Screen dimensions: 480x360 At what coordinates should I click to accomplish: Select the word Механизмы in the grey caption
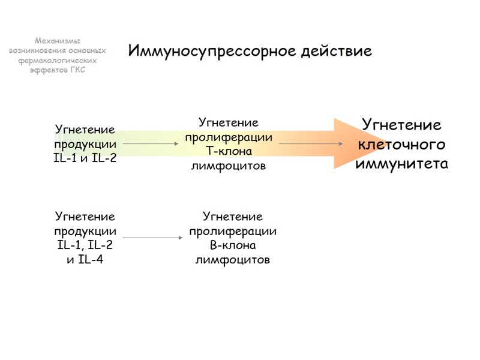(58, 41)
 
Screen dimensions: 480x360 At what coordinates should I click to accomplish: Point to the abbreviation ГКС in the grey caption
(77, 70)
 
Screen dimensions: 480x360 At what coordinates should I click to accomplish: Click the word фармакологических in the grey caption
(58, 60)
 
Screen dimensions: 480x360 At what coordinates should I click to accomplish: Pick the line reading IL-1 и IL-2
(85, 158)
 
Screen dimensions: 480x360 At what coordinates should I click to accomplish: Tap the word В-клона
(233, 245)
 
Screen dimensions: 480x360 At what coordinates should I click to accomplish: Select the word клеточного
(401, 145)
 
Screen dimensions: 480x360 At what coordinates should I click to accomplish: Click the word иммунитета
(401, 164)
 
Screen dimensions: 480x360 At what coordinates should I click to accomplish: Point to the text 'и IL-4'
(85, 260)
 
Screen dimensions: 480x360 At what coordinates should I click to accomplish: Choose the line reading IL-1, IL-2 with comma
(85, 245)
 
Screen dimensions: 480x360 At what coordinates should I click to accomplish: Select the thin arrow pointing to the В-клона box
(153, 238)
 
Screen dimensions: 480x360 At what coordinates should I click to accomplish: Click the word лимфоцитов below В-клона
(233, 260)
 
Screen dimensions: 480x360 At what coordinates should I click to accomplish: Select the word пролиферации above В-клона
(233, 231)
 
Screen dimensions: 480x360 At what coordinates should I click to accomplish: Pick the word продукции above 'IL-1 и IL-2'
(85, 144)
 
